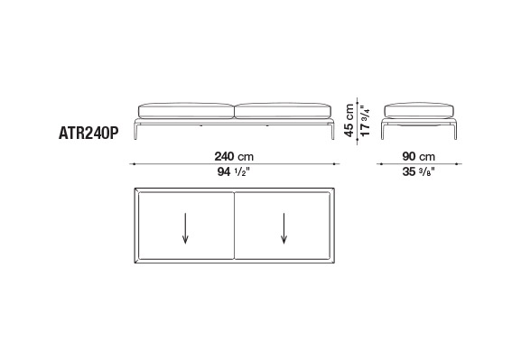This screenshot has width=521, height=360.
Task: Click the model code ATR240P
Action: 88,134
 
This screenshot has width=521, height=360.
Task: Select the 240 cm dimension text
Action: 234,156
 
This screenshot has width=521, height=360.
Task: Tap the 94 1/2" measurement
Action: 233,171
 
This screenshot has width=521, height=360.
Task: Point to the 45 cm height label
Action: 349,120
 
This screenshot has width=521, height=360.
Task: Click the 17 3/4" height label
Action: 365,121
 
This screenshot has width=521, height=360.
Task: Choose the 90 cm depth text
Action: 419,156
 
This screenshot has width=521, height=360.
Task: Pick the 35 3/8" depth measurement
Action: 419,171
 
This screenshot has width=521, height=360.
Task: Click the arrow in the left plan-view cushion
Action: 185,228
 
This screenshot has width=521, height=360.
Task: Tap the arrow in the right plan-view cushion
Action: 284,228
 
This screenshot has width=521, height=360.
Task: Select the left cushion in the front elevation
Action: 186,111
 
